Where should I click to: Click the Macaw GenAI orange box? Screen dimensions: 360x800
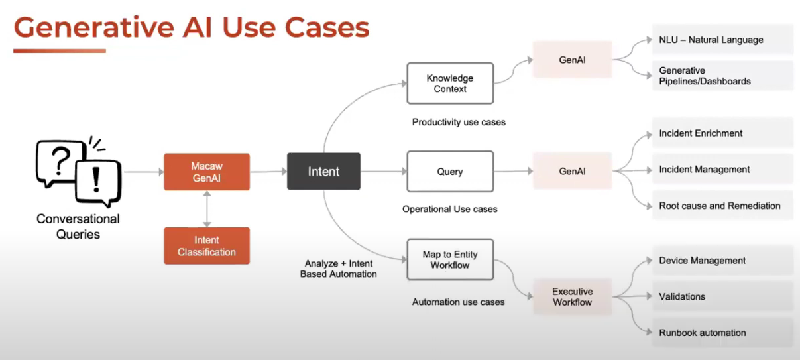pyautogui.click(x=207, y=172)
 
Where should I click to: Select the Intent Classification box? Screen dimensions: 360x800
pyautogui.click(x=207, y=246)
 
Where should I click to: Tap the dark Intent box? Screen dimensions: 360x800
pyautogui.click(x=323, y=172)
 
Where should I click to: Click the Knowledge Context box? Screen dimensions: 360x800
pyautogui.click(x=450, y=84)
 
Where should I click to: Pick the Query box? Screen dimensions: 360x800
pyautogui.click(x=450, y=172)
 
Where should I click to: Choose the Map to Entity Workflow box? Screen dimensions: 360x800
pyautogui.click(x=450, y=260)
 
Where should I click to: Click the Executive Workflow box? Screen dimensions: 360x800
pyautogui.click(x=572, y=296)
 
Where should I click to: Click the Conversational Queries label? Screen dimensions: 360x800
pyautogui.click(x=78, y=226)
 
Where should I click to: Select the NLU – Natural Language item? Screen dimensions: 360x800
pyautogui.click(x=722, y=40)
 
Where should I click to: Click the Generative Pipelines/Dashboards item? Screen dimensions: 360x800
pyautogui.click(x=722, y=76)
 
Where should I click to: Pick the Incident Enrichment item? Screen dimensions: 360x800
pyautogui.click(x=722, y=133)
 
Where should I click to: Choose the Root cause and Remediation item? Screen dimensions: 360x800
pyautogui.click(x=722, y=206)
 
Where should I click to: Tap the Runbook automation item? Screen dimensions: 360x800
pyautogui.click(x=722, y=333)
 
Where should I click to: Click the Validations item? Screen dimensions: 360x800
pyautogui.click(x=722, y=296)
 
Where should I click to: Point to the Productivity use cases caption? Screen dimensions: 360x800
pyautogui.click(x=459, y=122)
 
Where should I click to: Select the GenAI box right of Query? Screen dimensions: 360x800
pyautogui.click(x=572, y=171)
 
